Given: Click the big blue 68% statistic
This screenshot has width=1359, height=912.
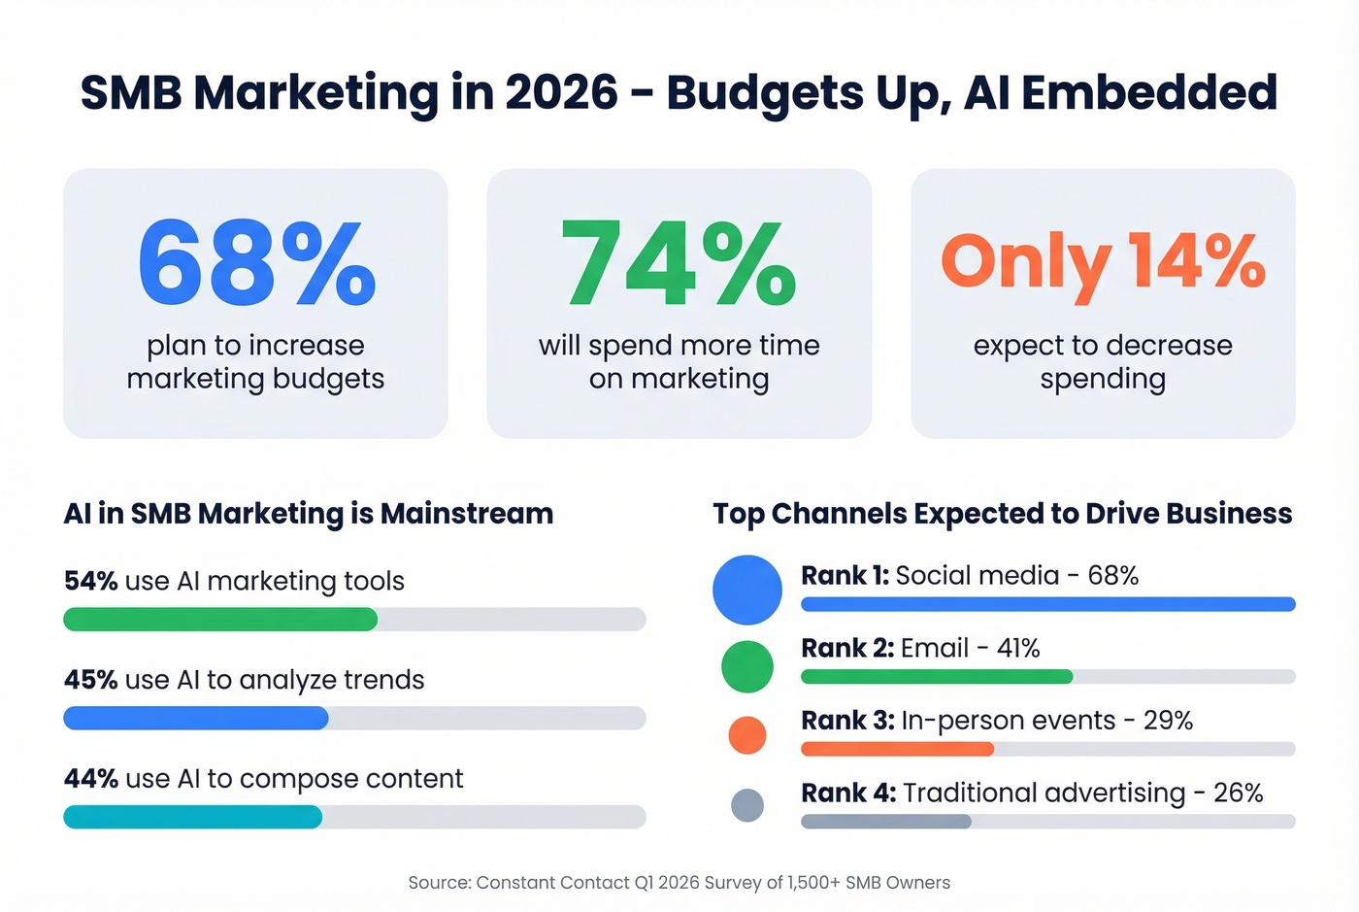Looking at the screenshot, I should [x=256, y=262].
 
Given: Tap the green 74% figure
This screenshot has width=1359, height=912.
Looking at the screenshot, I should [x=679, y=262].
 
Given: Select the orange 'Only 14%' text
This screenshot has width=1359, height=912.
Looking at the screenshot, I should [x=1103, y=262].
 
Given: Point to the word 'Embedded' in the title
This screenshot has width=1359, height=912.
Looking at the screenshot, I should [x=1148, y=93].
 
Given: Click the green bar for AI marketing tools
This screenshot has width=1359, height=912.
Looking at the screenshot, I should [x=220, y=620].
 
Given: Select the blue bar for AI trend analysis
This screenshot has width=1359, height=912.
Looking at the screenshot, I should [x=196, y=719].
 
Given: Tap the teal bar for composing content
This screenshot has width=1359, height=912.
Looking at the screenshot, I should [x=192, y=817].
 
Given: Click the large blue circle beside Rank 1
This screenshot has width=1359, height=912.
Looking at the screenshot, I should [x=747, y=590].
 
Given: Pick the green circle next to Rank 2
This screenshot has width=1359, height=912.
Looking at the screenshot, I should [x=747, y=666].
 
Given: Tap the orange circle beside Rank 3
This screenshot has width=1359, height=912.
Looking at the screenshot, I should [x=747, y=735].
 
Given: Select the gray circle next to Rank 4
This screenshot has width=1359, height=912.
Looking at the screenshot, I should [x=747, y=805].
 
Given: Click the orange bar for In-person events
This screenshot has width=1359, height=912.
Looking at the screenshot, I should [x=897, y=749].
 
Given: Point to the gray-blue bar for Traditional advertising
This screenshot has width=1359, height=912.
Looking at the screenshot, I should [x=885, y=822].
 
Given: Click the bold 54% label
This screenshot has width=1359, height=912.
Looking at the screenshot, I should [x=90, y=581].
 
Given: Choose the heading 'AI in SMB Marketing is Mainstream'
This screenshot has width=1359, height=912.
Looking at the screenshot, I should [x=309, y=514].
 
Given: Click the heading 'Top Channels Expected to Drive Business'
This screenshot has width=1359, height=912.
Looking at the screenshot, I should [x=1002, y=514].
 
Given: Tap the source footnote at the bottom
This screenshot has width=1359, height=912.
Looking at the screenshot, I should [x=679, y=883].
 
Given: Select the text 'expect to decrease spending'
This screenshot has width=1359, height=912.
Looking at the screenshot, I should [x=1103, y=361].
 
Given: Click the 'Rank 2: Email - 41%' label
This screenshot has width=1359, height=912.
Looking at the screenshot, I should [x=920, y=648].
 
